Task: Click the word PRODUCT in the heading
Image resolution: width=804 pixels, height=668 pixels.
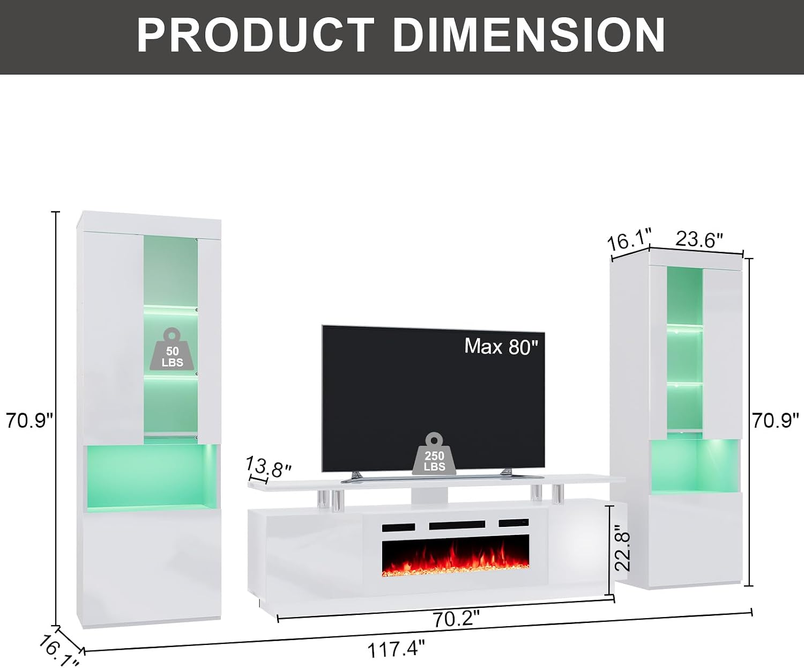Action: coord(255,35)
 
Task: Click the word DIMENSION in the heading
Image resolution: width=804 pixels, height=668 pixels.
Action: coord(528,35)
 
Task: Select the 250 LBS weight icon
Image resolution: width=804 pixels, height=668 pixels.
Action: coord(434,453)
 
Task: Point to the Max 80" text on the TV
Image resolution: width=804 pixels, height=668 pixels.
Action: coord(501,346)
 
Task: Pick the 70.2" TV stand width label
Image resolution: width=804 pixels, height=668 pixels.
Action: coord(457,619)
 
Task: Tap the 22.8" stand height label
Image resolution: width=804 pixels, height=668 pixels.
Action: coord(622,548)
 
